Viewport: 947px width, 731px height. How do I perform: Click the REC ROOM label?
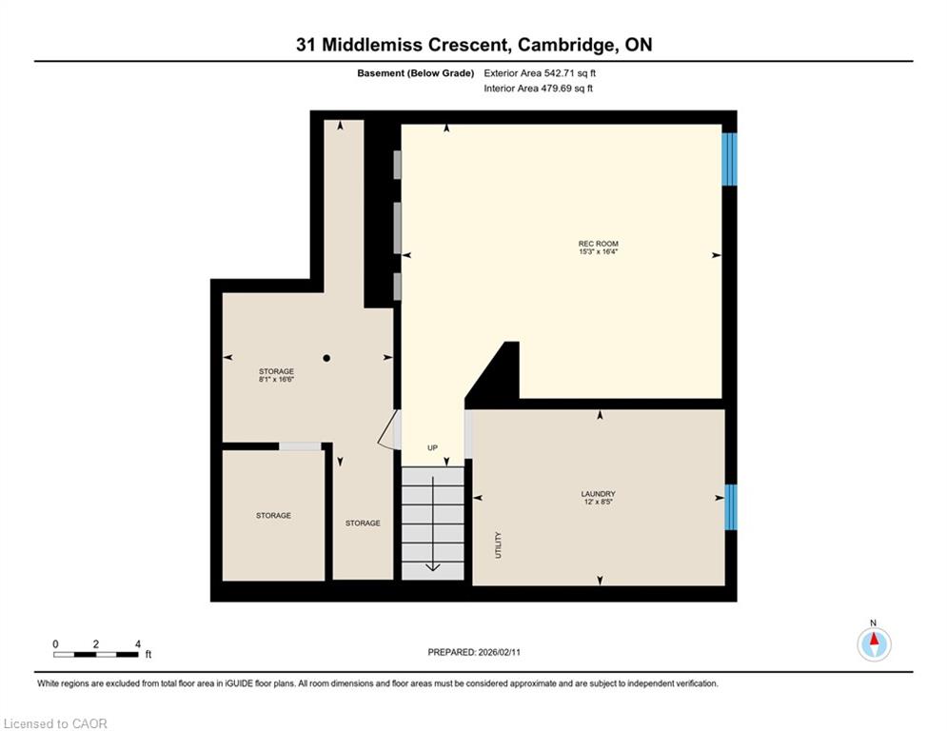(x=598, y=244)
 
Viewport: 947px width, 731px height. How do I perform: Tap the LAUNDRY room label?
(x=598, y=494)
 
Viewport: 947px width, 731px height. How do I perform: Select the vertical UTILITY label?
(x=499, y=545)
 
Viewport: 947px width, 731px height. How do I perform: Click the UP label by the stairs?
(x=432, y=447)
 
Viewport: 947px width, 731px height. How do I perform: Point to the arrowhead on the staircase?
(x=433, y=566)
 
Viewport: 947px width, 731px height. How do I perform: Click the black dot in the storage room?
(x=326, y=358)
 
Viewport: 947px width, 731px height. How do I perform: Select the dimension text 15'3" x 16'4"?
(x=598, y=251)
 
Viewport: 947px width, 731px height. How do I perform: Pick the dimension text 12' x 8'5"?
(x=598, y=502)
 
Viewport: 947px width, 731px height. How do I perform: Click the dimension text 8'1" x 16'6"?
(x=277, y=380)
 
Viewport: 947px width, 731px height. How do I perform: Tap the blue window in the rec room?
(x=730, y=159)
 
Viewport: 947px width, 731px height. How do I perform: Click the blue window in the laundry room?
(x=730, y=507)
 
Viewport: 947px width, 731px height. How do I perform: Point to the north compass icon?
(x=874, y=643)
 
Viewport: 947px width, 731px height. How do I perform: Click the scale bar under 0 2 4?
(x=96, y=654)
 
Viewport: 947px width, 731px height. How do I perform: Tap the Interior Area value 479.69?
(x=557, y=89)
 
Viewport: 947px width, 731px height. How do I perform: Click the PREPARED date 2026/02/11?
(x=499, y=652)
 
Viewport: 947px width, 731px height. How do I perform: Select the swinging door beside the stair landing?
(x=389, y=429)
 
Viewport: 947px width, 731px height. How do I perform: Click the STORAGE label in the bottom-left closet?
(x=273, y=515)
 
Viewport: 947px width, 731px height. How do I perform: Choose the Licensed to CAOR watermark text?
(x=55, y=723)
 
